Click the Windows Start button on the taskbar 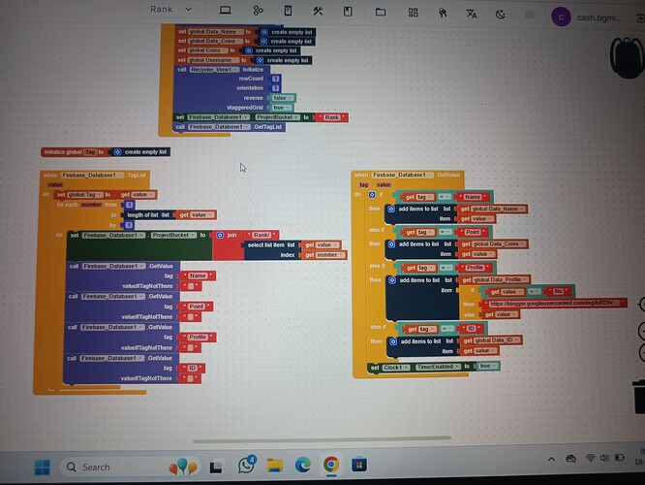point(43,467)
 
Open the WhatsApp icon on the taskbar point(247,467)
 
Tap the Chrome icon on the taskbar point(330,467)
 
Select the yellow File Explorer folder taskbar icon point(275,467)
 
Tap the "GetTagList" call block point(230,127)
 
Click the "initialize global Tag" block point(73,152)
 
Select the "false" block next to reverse point(279,98)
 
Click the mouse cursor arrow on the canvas point(243,167)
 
